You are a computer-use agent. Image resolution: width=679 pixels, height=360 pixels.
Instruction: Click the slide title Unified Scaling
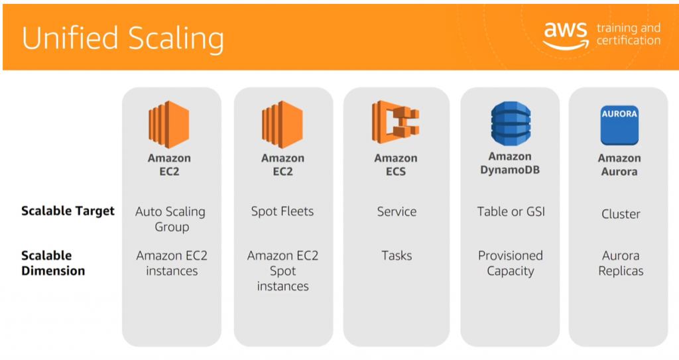point(123,38)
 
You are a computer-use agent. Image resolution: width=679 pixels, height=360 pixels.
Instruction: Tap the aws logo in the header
point(565,34)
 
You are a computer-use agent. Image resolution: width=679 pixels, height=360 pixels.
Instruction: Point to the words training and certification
point(628,34)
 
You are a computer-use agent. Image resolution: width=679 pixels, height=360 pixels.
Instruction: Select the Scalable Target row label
point(68,211)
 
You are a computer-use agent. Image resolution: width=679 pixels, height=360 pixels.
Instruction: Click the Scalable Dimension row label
point(53,263)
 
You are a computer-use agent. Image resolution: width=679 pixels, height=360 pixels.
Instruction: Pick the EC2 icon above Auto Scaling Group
point(169,125)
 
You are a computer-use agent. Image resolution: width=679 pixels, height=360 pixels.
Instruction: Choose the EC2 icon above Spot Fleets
point(282,125)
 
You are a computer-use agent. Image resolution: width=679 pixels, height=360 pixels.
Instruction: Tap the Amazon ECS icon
point(395,123)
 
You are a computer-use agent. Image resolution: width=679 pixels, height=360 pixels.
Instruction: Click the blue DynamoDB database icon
point(510,123)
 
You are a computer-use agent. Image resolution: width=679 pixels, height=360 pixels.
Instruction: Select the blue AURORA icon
point(619,125)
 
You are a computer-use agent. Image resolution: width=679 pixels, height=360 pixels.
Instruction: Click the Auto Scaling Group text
point(170,219)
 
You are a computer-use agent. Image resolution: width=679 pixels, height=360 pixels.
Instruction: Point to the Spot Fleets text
point(282,211)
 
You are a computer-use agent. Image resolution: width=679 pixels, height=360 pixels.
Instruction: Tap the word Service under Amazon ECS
point(397,211)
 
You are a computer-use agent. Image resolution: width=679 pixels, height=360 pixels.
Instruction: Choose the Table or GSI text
point(511,211)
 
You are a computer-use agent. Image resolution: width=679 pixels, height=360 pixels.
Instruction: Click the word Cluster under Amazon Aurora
point(621,214)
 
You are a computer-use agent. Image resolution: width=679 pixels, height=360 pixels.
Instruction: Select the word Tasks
point(397,255)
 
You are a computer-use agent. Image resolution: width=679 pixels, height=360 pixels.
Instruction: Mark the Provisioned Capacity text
point(511,263)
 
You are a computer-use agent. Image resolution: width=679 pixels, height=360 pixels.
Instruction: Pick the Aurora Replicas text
point(621,263)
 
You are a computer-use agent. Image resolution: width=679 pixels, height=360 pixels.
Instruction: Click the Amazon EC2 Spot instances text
point(282,270)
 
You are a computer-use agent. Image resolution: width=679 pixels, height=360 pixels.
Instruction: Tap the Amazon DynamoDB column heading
point(510,163)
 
